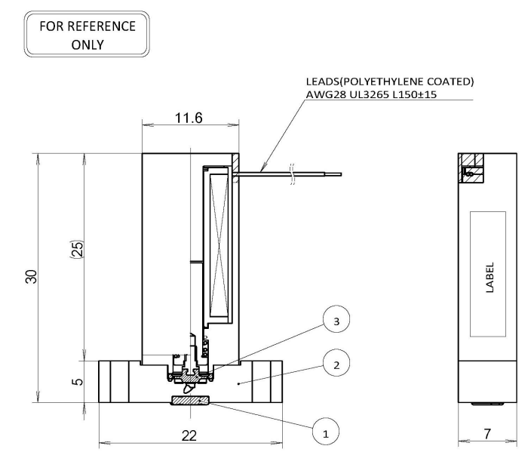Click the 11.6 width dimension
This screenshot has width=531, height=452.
189,118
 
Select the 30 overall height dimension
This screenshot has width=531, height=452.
31,277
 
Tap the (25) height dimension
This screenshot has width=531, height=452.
78,250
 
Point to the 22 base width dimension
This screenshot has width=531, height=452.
189,435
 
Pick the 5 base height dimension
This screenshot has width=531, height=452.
78,382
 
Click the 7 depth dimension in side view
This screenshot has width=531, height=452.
487,434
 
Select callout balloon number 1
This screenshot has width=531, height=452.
325,431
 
